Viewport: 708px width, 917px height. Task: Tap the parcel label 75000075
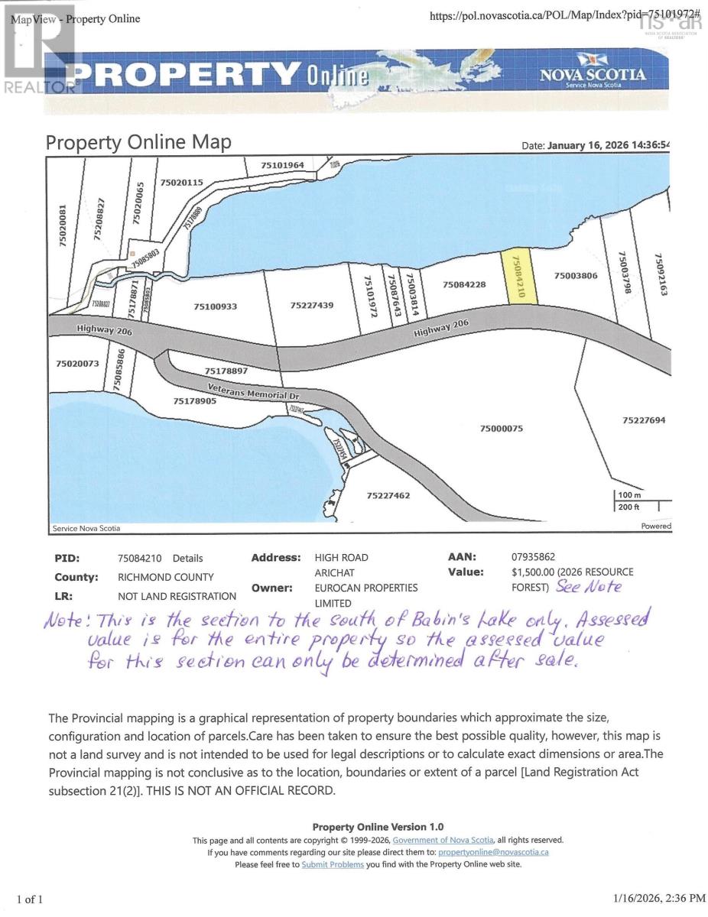pos(502,429)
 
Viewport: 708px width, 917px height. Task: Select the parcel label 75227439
pos(312,306)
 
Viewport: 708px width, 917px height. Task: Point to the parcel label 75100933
pos(216,306)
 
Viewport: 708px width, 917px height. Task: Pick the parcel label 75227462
pos(388,496)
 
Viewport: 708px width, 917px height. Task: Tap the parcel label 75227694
pos(644,420)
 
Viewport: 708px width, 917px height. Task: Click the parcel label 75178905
pos(195,400)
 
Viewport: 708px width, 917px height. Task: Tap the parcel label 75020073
pos(78,364)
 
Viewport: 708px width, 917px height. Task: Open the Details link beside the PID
pos(188,559)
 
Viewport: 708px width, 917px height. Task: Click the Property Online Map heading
pos(138,142)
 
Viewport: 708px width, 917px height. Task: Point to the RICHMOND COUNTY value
pos(166,577)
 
